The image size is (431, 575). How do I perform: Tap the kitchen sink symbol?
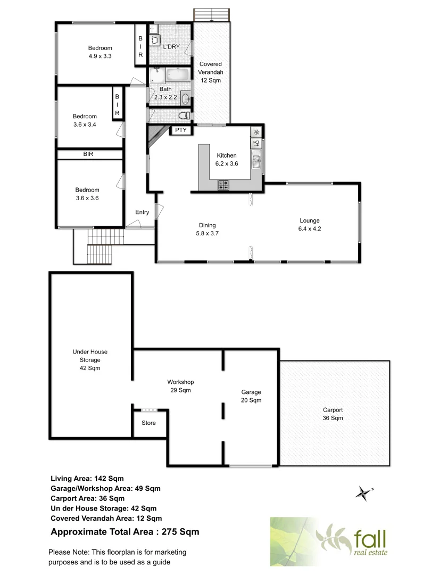256,161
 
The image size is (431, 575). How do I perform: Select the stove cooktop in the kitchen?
223,185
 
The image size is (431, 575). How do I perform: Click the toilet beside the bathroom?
183,116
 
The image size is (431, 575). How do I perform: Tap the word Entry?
142,212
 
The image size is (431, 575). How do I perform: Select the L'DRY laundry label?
171,47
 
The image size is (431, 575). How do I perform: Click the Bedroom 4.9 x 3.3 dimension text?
100,55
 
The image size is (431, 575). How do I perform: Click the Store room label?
148,423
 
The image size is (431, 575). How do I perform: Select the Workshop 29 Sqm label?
180,386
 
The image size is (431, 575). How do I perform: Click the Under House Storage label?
87,360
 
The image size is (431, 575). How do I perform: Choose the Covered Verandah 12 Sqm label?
211,72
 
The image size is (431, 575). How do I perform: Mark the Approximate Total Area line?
125,531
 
